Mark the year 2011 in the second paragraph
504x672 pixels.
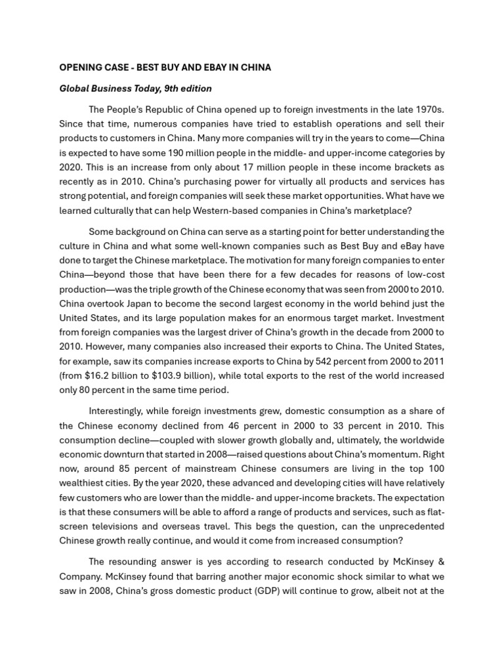point(429,361)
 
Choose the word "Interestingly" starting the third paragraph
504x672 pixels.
point(119,411)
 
